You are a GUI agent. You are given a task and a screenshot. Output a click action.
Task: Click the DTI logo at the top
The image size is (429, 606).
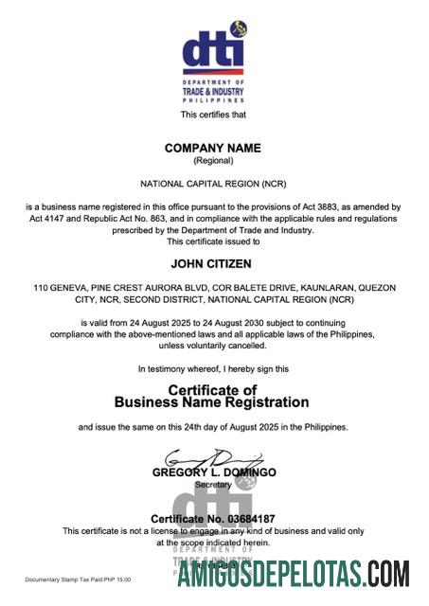click(213, 59)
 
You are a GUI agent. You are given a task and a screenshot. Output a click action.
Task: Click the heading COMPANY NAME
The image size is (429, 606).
click(212, 148)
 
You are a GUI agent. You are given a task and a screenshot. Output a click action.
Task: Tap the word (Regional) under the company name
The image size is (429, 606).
click(212, 161)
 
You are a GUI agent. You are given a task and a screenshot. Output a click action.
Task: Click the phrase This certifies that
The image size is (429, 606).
click(213, 115)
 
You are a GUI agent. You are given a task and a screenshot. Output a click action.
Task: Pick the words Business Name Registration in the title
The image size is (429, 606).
click(212, 402)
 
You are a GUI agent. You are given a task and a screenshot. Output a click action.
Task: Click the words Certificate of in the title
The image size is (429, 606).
click(212, 389)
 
